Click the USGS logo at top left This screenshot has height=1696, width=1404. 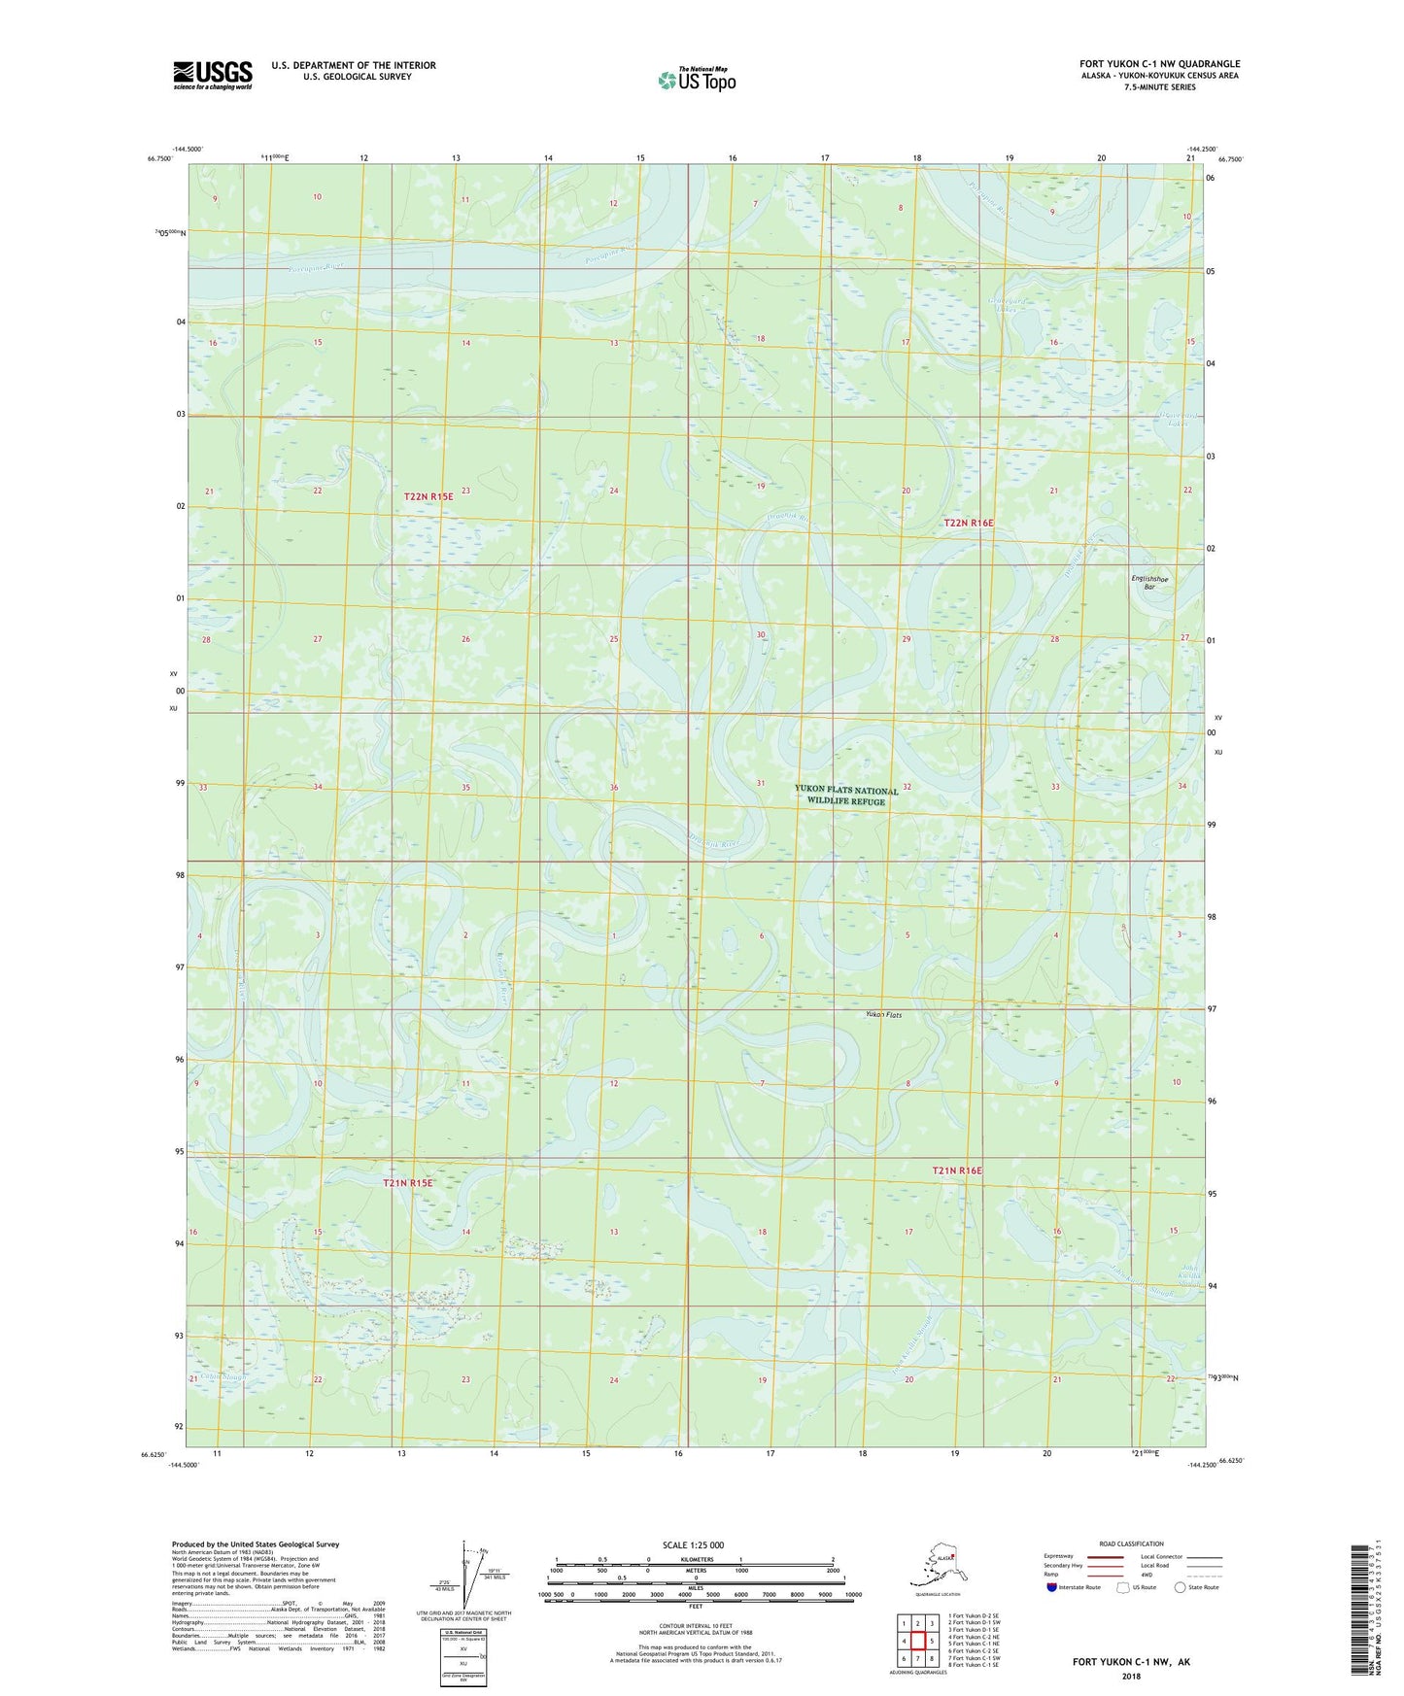(212, 75)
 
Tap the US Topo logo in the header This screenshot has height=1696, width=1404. (697, 80)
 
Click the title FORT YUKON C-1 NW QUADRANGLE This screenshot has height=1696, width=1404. (1159, 64)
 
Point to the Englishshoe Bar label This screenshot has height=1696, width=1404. (1149, 583)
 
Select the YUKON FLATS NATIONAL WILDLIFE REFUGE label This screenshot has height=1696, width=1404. (846, 796)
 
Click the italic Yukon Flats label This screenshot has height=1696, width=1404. (884, 1015)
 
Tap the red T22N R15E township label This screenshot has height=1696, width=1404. (428, 496)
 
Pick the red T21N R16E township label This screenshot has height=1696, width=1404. (957, 1171)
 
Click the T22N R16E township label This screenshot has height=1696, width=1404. (969, 523)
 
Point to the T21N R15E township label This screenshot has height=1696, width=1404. (407, 1183)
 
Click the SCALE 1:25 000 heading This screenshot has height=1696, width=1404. (693, 1545)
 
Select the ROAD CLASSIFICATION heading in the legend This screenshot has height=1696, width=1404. (1131, 1543)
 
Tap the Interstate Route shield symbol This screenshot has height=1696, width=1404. (1052, 1587)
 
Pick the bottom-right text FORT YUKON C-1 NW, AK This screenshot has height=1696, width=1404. (1131, 1662)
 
